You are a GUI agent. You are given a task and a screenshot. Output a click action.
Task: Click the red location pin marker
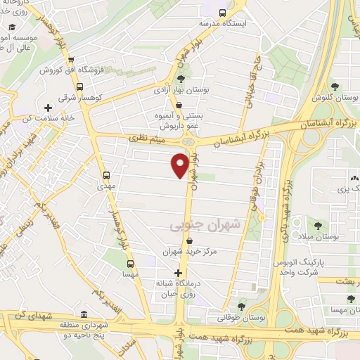coord(180,165)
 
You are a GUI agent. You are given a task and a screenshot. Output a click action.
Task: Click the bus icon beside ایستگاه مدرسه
coord(223,13)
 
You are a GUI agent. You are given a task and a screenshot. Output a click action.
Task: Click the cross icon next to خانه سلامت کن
coord(47,108)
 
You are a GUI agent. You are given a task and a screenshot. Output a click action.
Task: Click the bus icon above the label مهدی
coord(107,174)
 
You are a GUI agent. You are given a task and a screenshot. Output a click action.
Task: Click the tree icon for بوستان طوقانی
coord(241,307)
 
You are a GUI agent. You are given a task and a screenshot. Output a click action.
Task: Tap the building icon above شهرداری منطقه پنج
coord(84,314)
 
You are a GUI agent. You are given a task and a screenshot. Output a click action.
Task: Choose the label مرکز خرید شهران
coord(189,251)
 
